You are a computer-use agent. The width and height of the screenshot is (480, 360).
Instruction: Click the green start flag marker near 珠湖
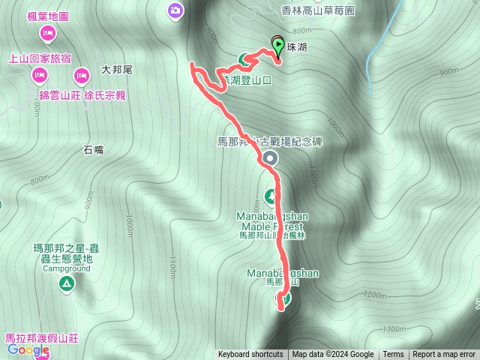point(278,47)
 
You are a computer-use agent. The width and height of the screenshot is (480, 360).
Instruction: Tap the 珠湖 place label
point(297,46)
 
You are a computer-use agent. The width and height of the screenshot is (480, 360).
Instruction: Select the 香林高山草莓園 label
point(316,10)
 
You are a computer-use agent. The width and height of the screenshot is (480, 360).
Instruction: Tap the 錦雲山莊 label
point(60,95)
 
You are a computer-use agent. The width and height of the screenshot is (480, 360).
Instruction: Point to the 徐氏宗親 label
point(105,95)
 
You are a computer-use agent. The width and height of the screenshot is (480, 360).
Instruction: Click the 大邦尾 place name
point(116,70)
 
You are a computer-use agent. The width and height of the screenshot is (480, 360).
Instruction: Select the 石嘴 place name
point(94,150)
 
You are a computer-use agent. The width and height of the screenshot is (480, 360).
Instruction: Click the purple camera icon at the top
point(175,10)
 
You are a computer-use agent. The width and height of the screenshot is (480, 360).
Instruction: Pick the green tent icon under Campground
point(65,283)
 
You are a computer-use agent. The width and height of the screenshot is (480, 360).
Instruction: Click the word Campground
point(67,268)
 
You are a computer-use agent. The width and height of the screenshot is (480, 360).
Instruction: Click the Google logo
point(28,349)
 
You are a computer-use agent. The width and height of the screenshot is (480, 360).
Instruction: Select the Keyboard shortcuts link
point(250,355)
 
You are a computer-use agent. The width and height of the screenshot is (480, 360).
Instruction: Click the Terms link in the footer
point(393,355)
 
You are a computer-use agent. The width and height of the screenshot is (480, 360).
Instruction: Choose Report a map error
point(444,355)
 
